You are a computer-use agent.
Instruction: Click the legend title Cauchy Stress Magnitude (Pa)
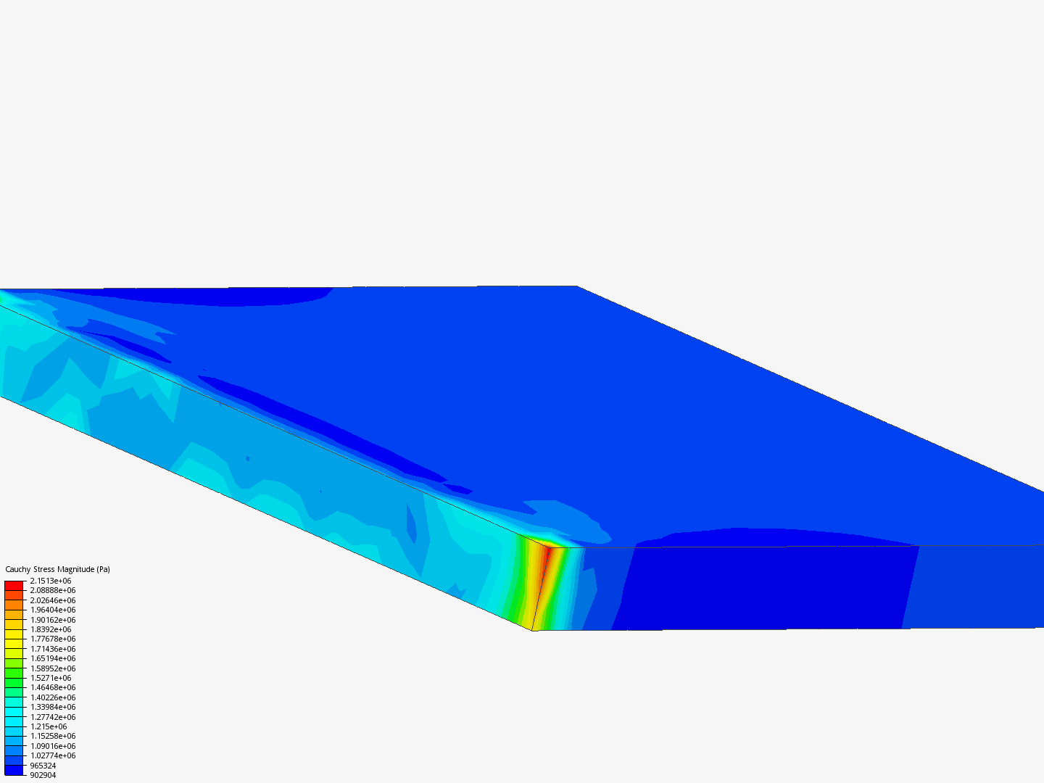pos(57,569)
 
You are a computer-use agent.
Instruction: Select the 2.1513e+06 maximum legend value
pos(51,581)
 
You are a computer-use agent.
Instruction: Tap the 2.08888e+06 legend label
pos(53,590)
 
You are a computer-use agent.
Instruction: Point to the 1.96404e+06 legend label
pos(53,610)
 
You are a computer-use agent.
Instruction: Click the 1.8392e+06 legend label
pos(51,629)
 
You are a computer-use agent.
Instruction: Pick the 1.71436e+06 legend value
pos(53,649)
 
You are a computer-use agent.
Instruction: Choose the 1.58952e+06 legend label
pos(53,668)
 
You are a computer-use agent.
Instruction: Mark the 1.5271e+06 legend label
pos(51,678)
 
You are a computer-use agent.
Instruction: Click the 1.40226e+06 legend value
pos(53,697)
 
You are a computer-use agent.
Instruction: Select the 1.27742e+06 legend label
pos(53,717)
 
